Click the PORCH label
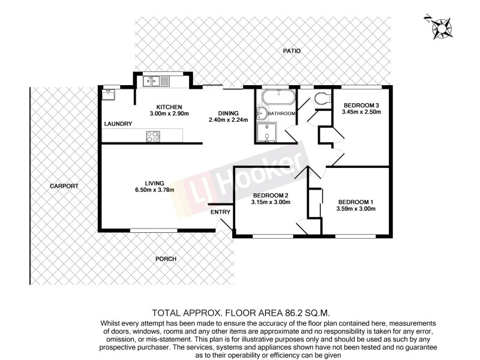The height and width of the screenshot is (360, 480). pos(166,259)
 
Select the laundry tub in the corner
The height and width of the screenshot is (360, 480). pos(109,94)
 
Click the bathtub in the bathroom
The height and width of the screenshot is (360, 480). pos(278,97)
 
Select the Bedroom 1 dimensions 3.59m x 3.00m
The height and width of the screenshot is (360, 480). pos(356,209)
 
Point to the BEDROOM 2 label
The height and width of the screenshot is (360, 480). pos(271,196)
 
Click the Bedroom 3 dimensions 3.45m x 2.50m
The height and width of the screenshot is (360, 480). pos(361,112)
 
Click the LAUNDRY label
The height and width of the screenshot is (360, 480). pos(118,124)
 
